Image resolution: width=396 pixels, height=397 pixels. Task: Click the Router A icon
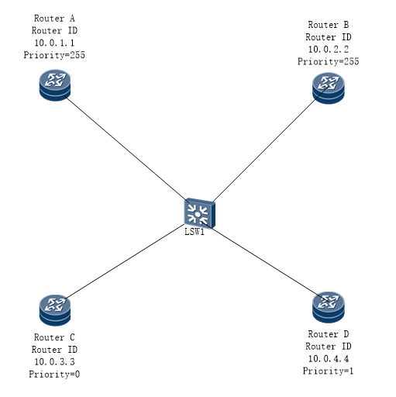pyautogui.click(x=55, y=85)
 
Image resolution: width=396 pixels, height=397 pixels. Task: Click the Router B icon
pyautogui.click(x=329, y=88)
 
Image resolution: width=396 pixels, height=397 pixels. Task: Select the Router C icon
pyautogui.click(x=55, y=310)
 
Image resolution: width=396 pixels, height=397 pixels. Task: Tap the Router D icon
pyautogui.click(x=329, y=307)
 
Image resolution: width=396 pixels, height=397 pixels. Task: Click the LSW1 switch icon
pyautogui.click(x=199, y=213)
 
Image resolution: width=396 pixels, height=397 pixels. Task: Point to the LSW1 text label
pyautogui.click(x=195, y=232)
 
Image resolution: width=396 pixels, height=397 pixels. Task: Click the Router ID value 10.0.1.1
pyautogui.click(x=54, y=43)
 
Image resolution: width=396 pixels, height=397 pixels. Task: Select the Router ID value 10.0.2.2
pyautogui.click(x=329, y=49)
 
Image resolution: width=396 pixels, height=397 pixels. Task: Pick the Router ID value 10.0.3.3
pyautogui.click(x=54, y=361)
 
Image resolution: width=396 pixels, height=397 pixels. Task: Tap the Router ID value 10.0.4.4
pyautogui.click(x=329, y=358)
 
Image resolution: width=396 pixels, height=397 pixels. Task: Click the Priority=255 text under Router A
pyautogui.click(x=54, y=55)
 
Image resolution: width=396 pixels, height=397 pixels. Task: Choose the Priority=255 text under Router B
pyautogui.click(x=329, y=61)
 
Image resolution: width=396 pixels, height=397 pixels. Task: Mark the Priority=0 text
pyautogui.click(x=54, y=374)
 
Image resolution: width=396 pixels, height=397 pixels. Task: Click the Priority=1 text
pyautogui.click(x=328, y=371)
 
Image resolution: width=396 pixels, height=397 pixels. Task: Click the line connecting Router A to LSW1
pyautogui.click(x=126, y=149)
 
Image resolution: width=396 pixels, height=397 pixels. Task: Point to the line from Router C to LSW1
pyautogui.click(x=125, y=261)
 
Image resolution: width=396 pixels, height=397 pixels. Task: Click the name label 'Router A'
pyautogui.click(x=54, y=19)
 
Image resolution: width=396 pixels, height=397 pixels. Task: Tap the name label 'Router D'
pyautogui.click(x=329, y=334)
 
